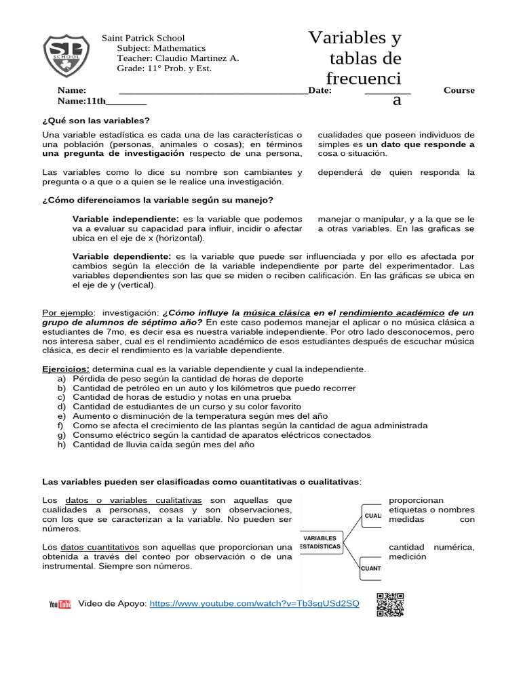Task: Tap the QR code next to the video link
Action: (x=390, y=605)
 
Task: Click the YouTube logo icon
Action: (x=60, y=605)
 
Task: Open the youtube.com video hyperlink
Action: (x=254, y=603)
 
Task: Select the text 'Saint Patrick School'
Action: (x=143, y=38)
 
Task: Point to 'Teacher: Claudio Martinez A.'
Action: (x=178, y=58)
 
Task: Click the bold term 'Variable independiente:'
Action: (x=126, y=219)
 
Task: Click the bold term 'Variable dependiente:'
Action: (x=122, y=257)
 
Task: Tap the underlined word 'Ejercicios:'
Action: (x=66, y=369)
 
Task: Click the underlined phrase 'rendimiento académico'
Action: (x=391, y=313)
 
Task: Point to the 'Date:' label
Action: (x=320, y=90)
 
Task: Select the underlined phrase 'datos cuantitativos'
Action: (x=100, y=547)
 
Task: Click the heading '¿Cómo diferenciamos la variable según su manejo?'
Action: (x=157, y=200)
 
